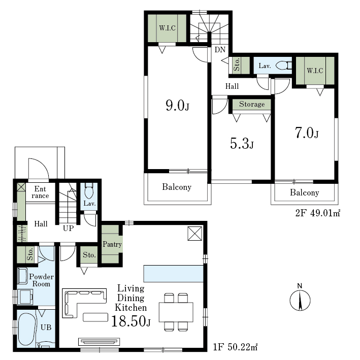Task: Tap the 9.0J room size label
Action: point(178,106)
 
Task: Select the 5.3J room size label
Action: point(242,144)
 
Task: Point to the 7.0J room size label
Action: point(307,133)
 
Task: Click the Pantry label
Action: point(112,244)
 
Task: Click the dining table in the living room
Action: point(176,312)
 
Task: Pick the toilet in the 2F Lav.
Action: point(284,66)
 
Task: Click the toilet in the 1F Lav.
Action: point(89,190)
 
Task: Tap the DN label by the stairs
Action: point(220,50)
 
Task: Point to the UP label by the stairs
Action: point(68,228)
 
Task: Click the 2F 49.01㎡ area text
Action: point(317,213)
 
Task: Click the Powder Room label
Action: point(41,280)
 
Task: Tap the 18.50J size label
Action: point(131,321)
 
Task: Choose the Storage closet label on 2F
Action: point(252,104)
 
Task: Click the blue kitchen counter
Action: point(174,274)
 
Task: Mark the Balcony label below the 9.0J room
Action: point(177,187)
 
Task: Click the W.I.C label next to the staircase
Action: point(168,28)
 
